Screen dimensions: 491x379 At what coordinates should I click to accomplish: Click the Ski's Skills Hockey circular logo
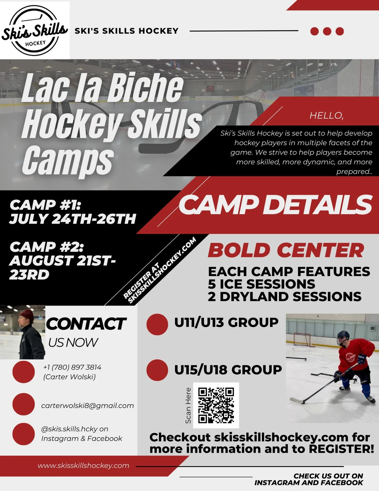[35, 31]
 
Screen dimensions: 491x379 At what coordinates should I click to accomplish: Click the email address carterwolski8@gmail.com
[87, 406]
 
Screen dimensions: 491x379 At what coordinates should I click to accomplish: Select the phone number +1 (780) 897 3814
[72, 367]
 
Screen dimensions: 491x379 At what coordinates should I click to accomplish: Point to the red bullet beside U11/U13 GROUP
[157, 324]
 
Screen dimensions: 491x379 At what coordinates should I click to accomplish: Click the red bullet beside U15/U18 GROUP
[157, 370]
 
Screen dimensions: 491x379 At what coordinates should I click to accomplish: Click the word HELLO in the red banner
[326, 115]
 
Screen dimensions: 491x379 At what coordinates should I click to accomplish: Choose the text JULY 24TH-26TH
[73, 219]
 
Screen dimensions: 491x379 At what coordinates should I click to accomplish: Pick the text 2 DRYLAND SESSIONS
[285, 297]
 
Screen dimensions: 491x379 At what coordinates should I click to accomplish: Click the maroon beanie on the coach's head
[27, 315]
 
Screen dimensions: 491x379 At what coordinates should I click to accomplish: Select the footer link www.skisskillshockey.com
[83, 466]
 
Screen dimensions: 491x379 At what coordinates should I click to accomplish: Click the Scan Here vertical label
[188, 405]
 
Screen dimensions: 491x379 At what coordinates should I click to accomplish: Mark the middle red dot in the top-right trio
[327, 31]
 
